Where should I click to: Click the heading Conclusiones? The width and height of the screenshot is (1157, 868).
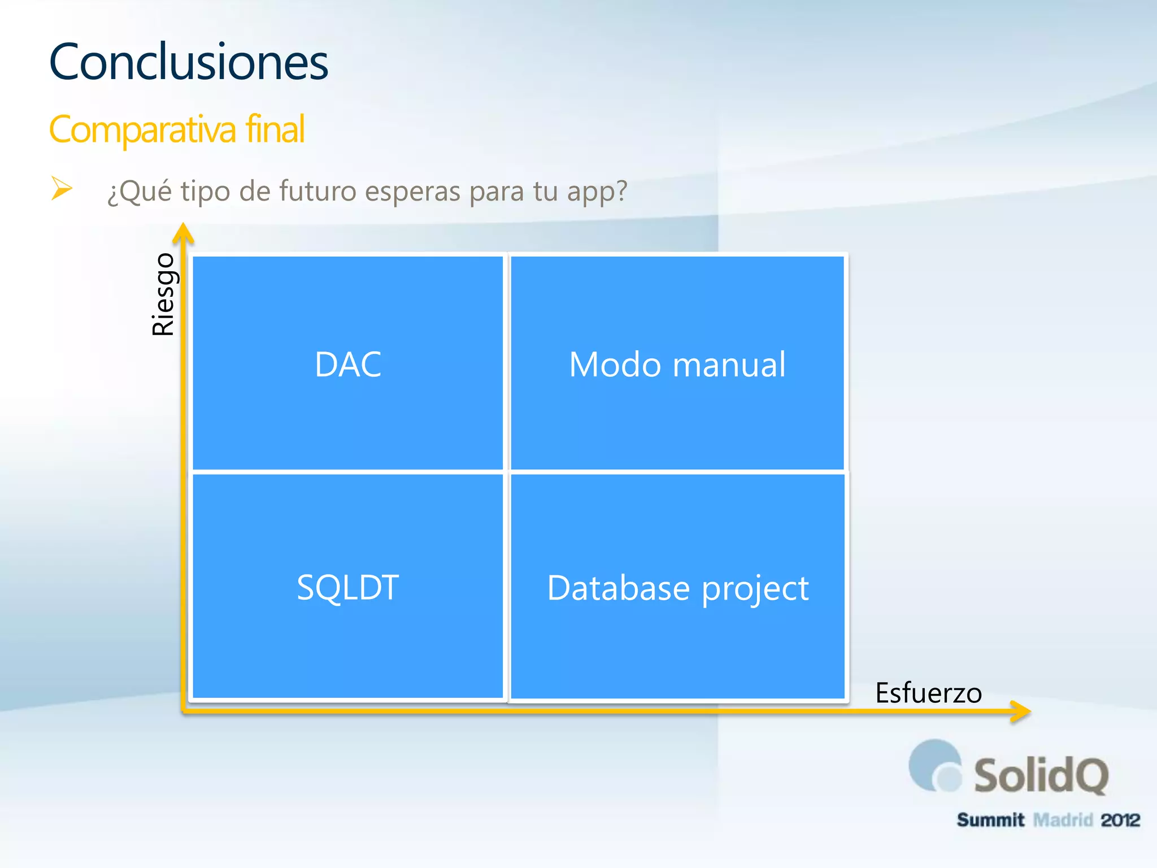coord(188,62)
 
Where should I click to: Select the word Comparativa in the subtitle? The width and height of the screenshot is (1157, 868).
coord(142,130)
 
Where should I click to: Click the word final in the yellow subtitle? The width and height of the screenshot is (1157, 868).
coord(275,129)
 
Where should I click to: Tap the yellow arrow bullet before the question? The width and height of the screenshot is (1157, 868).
coord(61,188)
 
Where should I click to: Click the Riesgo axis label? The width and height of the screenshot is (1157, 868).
coord(164,294)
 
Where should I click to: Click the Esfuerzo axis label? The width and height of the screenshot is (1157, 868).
coord(928,693)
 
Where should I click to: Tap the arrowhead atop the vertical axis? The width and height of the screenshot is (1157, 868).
coord(183,233)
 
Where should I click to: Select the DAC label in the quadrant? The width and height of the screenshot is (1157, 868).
coord(348,364)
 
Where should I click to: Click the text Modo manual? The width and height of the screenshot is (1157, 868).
coord(677,364)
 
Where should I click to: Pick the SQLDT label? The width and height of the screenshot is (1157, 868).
coord(348,587)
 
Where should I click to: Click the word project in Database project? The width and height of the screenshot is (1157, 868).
coord(755,589)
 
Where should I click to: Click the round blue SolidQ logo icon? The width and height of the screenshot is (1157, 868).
coord(935,767)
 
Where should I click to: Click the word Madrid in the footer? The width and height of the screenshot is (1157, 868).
coord(1063,820)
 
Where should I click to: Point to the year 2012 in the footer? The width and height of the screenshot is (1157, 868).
coord(1120,820)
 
